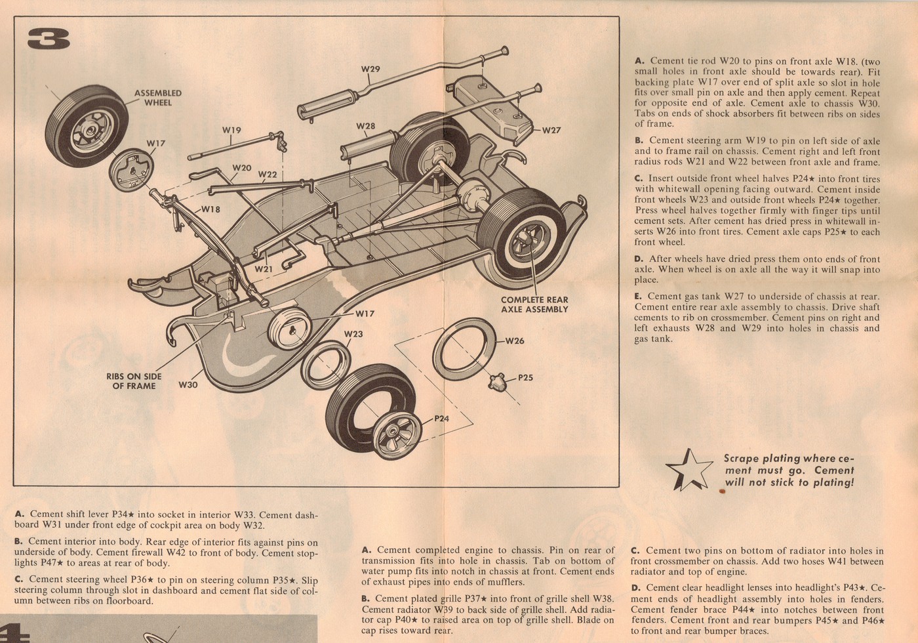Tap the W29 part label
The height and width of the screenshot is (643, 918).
pyautogui.click(x=370, y=69)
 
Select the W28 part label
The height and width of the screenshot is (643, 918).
pyautogui.click(x=366, y=126)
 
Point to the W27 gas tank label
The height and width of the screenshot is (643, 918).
pyautogui.click(x=551, y=130)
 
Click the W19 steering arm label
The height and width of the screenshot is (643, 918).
pyautogui.click(x=231, y=130)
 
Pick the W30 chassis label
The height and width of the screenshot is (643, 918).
pyautogui.click(x=188, y=384)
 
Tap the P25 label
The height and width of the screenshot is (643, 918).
pyautogui.click(x=525, y=377)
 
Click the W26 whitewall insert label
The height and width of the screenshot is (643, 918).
pyautogui.click(x=515, y=341)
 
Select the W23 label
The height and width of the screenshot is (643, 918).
pyautogui.click(x=353, y=334)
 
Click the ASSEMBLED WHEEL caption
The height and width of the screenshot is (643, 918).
pyautogui.click(x=158, y=98)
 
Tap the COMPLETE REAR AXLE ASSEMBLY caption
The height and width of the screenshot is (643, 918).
pyautogui.click(x=534, y=304)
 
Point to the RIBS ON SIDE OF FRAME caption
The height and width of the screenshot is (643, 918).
pyautogui.click(x=134, y=381)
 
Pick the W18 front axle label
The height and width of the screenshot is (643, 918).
pyautogui.click(x=210, y=209)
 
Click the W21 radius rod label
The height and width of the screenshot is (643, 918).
pyautogui.click(x=264, y=269)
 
